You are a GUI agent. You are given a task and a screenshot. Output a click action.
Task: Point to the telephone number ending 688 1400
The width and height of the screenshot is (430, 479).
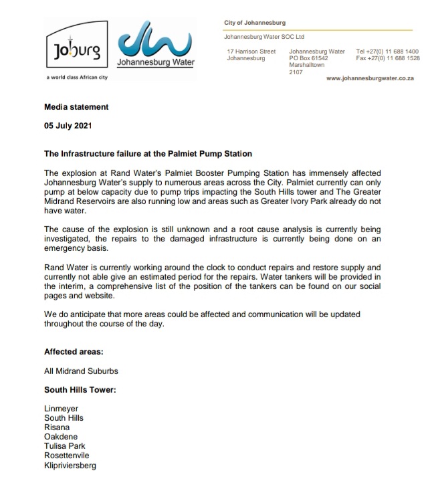coord(387,52)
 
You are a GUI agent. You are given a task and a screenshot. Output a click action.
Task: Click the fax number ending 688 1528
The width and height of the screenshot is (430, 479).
coord(387,58)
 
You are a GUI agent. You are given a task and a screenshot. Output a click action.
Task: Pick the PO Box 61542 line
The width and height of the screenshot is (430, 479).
coord(308,58)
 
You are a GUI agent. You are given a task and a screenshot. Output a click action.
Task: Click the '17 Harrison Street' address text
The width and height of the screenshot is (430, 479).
coord(251,52)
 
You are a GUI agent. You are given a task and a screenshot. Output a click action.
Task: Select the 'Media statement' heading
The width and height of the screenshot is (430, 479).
coord(76,107)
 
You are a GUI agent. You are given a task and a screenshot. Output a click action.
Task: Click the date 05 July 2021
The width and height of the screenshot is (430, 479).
coord(68,125)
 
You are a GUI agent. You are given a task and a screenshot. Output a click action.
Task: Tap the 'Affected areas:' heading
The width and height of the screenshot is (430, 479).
coord(74,351)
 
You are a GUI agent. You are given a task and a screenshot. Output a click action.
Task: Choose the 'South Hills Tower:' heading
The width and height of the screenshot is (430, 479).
coord(80,389)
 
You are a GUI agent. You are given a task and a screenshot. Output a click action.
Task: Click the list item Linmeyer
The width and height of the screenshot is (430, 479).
coord(61,408)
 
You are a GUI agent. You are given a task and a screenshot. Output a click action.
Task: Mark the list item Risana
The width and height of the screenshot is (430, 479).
coord(56,427)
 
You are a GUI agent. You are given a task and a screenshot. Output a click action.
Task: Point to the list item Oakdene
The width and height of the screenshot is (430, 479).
coord(60,436)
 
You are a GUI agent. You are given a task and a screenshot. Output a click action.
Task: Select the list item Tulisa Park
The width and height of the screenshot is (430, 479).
coord(64,446)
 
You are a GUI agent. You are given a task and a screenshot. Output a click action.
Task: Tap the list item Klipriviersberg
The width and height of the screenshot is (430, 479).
coord(70,465)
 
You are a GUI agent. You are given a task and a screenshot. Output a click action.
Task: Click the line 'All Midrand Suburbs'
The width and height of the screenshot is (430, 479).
coord(82,370)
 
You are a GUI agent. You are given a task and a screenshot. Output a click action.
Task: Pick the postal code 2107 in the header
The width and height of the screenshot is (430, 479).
coord(296,72)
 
